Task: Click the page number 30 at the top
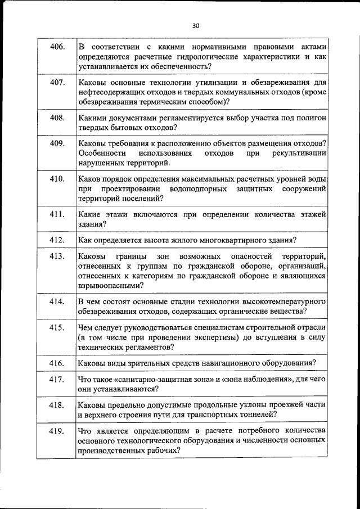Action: point(195,25)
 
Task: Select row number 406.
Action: point(57,46)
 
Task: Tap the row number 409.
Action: point(57,143)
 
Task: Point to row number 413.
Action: point(57,256)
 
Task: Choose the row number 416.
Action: point(57,362)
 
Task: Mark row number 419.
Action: point(57,431)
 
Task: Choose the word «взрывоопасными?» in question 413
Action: point(110,285)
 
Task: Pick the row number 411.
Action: point(57,214)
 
